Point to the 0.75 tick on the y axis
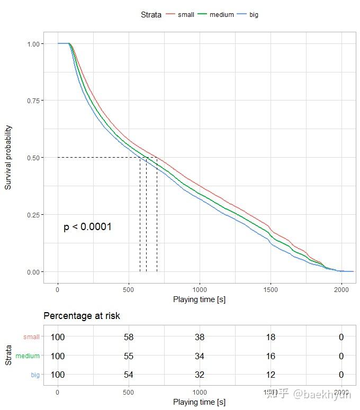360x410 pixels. click(33, 101)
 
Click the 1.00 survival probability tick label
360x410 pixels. click(33, 44)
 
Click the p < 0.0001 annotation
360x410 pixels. click(87, 227)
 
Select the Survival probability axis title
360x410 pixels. click(8, 158)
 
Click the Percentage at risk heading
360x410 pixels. click(82, 316)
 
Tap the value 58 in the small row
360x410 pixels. click(129, 337)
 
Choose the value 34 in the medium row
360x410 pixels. click(200, 356)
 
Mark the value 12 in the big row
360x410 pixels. click(271, 375)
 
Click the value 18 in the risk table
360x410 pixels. click(271, 337)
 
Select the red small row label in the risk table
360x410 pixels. click(31, 337)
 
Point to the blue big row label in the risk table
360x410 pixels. click(35, 375)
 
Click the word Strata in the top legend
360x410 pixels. click(151, 15)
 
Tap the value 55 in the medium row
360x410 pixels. click(129, 356)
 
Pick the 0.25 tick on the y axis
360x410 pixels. click(33, 215)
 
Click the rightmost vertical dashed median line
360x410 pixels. click(157, 217)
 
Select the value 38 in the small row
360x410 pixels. click(200, 337)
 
